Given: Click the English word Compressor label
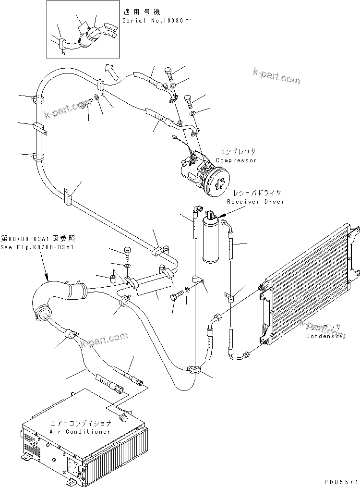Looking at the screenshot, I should (x=236, y=160).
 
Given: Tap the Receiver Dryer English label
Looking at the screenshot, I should (x=256, y=202).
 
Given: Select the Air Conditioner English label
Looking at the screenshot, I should (x=81, y=431).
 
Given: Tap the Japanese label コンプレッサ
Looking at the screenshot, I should (x=236, y=151).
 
